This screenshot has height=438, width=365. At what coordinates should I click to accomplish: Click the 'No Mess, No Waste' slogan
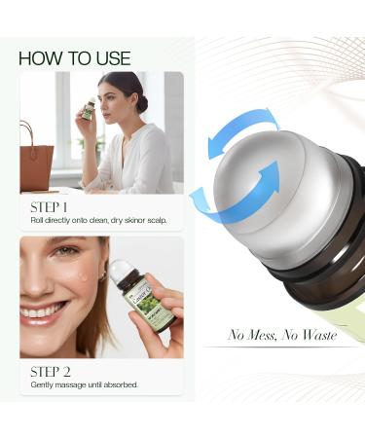(282, 335)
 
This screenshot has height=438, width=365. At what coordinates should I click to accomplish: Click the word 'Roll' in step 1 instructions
(39, 220)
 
